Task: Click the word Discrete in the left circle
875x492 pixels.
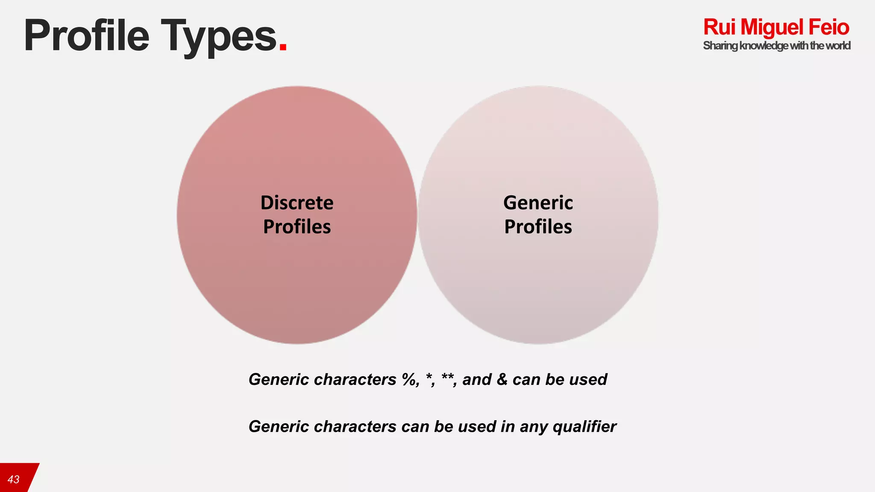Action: (x=297, y=202)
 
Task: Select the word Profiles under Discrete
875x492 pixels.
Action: (x=297, y=226)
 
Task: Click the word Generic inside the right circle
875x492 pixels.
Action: (x=538, y=202)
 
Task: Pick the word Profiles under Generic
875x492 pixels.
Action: (x=538, y=226)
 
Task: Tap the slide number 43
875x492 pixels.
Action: (x=14, y=479)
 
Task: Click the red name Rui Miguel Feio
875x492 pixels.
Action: (x=776, y=27)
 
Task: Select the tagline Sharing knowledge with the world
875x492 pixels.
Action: (x=776, y=46)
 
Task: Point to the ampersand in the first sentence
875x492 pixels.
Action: (x=502, y=379)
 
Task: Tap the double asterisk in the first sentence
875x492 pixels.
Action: (x=447, y=377)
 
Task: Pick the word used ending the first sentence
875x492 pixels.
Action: (x=588, y=379)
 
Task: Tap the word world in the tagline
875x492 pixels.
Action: (x=838, y=46)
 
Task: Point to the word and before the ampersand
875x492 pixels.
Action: (x=477, y=379)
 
